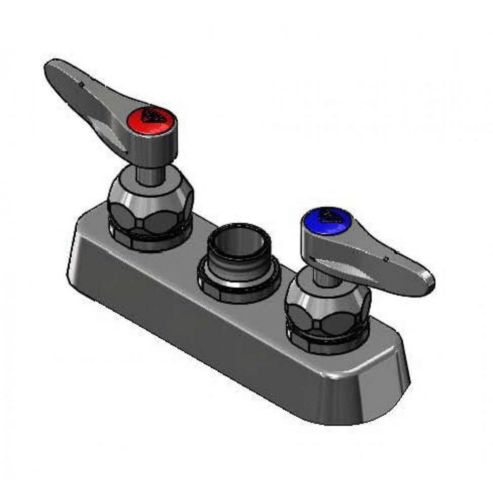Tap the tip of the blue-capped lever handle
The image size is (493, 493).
click(428, 283)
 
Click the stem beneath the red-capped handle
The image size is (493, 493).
click(149, 175)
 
